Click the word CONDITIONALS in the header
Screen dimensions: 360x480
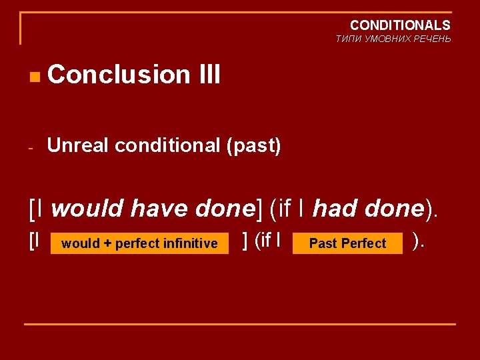(x=400, y=25)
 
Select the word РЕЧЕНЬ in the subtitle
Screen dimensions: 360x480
(x=433, y=39)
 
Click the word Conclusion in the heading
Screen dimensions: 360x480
(x=119, y=75)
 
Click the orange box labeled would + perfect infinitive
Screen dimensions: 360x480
(x=139, y=243)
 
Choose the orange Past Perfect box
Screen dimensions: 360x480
(x=348, y=243)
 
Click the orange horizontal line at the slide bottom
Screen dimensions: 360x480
(x=240, y=324)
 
